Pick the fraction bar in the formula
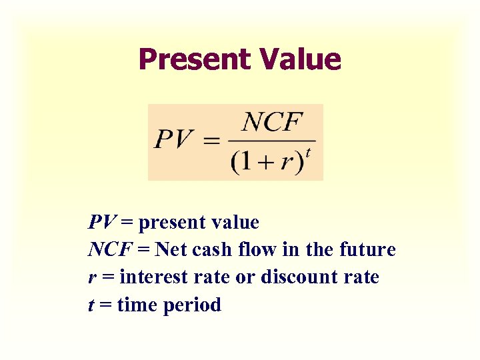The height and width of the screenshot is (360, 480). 271,141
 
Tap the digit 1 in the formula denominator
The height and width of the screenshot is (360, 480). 246,163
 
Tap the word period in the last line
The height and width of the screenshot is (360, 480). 193,306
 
